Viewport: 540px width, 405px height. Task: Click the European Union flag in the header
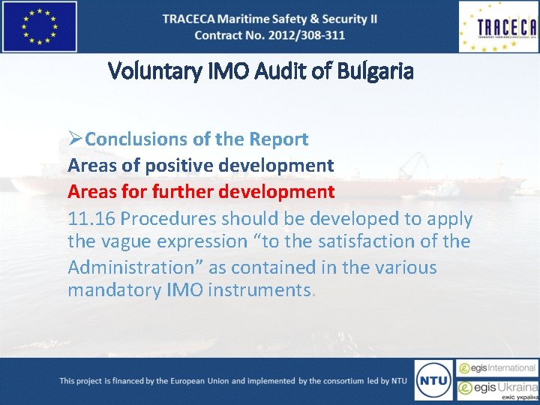(x=40, y=26)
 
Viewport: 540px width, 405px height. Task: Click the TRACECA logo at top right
(x=498, y=26)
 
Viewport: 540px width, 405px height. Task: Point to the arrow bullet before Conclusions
(x=75, y=139)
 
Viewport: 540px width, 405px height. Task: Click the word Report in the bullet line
(x=280, y=139)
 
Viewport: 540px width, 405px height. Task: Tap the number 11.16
(x=91, y=219)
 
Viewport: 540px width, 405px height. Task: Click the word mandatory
(x=113, y=290)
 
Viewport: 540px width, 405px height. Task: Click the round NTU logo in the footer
(x=433, y=379)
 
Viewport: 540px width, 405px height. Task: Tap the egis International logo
(x=498, y=368)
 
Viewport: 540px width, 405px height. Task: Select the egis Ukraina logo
(x=498, y=388)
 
